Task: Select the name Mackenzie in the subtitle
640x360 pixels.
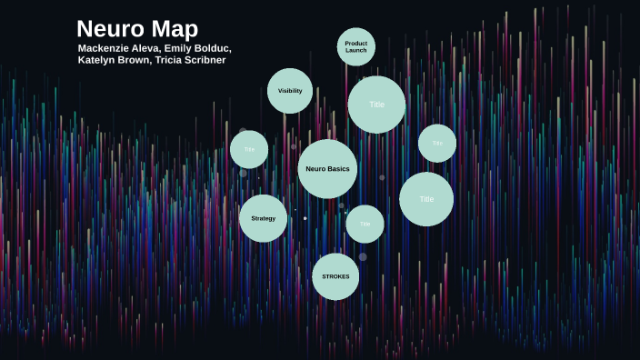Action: (106, 48)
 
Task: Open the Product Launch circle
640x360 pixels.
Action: (355, 46)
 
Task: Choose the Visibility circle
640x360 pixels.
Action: (290, 91)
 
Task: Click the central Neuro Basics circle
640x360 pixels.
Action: (327, 169)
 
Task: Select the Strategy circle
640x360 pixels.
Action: (263, 218)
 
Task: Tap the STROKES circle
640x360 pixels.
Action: (335, 276)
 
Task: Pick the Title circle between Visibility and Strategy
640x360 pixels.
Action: (249, 149)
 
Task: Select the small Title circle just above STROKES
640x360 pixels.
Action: (365, 224)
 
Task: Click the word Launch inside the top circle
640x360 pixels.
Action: (355, 50)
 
